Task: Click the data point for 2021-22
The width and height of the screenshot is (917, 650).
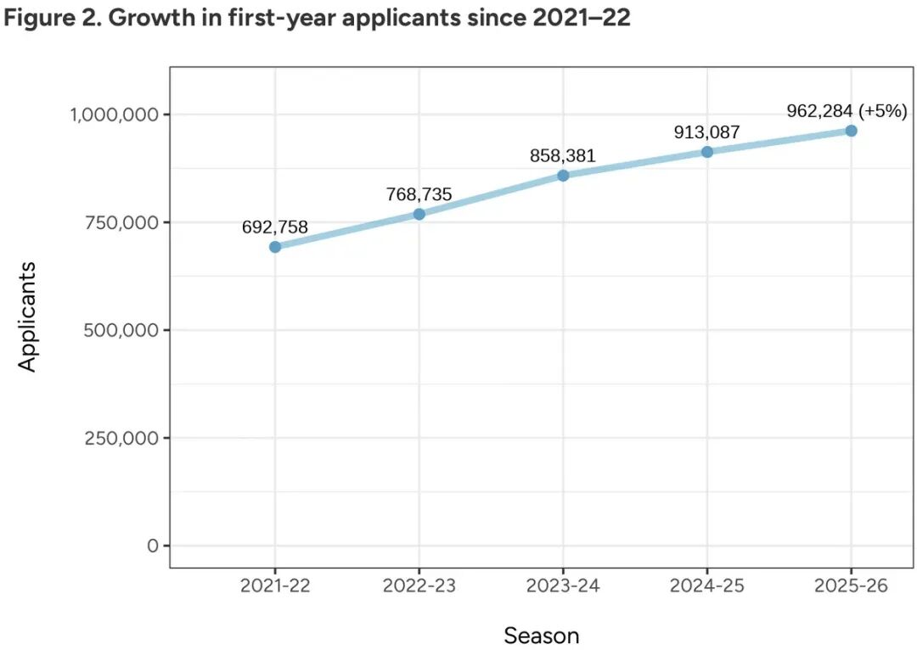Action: pos(275,247)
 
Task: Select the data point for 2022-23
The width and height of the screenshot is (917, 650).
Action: pos(419,214)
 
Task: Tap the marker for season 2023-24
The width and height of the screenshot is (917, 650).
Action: pos(563,176)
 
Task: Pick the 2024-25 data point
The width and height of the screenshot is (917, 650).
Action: pos(707,152)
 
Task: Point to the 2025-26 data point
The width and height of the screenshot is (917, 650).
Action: pos(851,131)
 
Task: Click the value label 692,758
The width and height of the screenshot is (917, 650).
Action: pos(275,227)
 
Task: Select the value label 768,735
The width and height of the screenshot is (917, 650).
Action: pos(419,194)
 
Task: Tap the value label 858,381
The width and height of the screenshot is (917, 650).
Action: pos(563,155)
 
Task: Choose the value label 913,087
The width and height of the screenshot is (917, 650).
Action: pos(707,132)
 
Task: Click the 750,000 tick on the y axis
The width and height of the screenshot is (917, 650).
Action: pos(121,222)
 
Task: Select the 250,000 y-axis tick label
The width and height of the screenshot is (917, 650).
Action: pos(121,438)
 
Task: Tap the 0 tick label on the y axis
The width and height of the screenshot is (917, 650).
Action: pos(153,546)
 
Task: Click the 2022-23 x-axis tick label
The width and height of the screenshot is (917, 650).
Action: pos(419,586)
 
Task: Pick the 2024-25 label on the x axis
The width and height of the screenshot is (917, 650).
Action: pos(707,586)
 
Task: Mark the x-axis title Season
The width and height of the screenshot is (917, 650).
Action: pos(542,636)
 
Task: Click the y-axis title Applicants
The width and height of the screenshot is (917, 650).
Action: pos(28,317)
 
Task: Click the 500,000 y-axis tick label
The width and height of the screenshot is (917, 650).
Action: pos(121,330)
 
